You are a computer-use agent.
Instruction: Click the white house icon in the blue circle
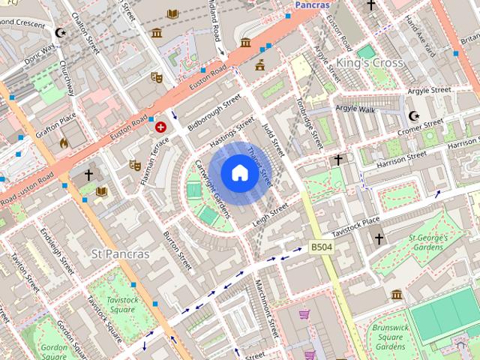click(x=238, y=173)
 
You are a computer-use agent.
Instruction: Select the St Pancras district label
click(x=120, y=253)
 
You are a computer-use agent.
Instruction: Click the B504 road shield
click(x=321, y=246)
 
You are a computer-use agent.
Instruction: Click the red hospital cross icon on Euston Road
click(x=160, y=127)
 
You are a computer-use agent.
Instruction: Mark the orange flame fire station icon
click(x=64, y=142)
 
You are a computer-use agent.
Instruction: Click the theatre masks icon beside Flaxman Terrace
click(x=135, y=164)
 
